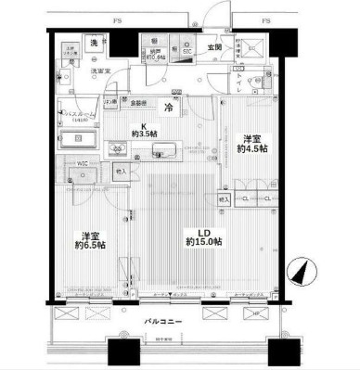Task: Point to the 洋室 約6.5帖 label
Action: click(x=90, y=240)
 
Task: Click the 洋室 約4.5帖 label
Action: click(x=251, y=143)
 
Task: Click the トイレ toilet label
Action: click(x=244, y=79)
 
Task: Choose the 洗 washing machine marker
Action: click(x=94, y=43)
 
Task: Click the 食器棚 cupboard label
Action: click(x=138, y=103)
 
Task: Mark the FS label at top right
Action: click(x=265, y=19)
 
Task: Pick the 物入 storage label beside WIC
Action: click(x=122, y=172)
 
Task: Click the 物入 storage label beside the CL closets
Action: click(x=224, y=198)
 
